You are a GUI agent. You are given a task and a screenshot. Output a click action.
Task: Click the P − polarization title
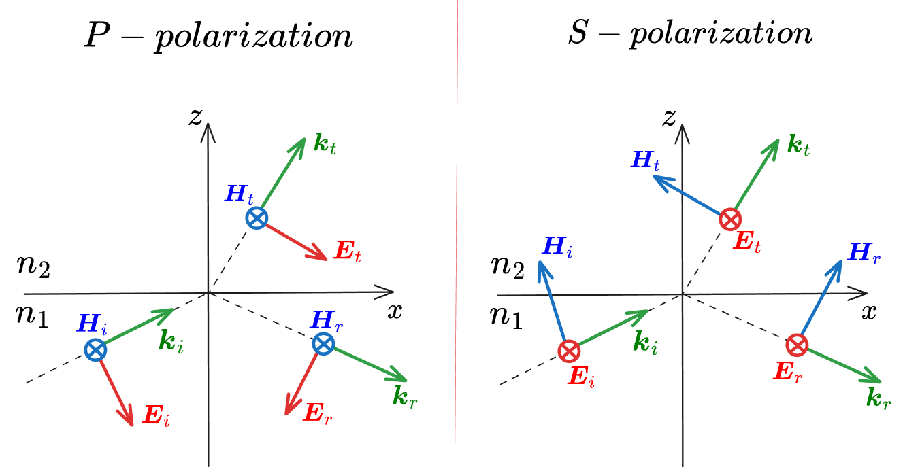pos(218,36)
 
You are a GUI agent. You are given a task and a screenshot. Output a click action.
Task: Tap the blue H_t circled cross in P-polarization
pos(257,218)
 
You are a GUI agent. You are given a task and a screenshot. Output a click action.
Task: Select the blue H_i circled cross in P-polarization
pos(96,350)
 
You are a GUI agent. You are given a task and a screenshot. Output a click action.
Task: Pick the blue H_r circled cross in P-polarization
pos(324,344)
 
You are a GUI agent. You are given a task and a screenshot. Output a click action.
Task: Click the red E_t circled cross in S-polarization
pos(731,219)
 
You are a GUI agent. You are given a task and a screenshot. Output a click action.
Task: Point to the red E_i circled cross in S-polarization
pos(570,351)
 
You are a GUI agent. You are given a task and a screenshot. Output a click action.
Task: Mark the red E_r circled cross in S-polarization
pos(798,345)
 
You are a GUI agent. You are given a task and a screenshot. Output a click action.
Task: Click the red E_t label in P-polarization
pos(348,251)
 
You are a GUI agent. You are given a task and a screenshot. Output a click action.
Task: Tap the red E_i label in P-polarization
pos(157,415)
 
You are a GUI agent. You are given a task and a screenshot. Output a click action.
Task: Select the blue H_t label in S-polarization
pos(645,161)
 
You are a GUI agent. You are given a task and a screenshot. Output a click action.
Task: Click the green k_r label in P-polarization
pos(405,397)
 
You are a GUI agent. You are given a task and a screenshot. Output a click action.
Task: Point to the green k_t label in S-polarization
pos(798,145)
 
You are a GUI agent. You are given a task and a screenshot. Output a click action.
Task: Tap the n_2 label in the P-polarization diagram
pos(33,266)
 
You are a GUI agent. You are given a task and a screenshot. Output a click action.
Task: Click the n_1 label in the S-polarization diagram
pos(506,317)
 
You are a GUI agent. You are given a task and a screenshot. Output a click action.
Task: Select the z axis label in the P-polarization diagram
pos(196,117)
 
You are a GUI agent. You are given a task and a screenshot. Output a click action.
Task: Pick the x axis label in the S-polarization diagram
pos(869,312)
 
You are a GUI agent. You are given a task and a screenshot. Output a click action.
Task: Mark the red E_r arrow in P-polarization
pos(301,383)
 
